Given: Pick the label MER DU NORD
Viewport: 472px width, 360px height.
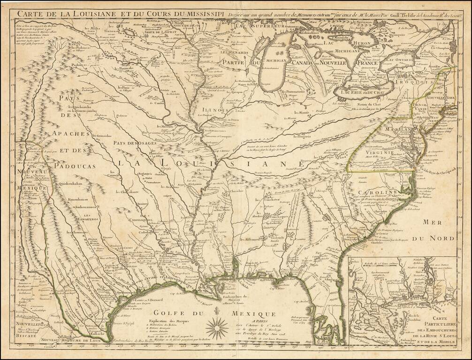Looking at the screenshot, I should (437, 230).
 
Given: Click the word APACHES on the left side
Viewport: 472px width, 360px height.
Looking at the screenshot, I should (71, 134).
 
